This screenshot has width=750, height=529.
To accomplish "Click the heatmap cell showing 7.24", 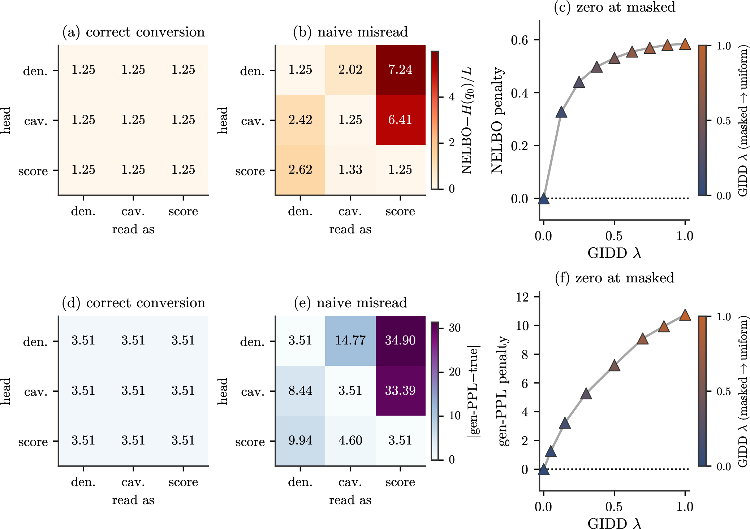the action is [x=400, y=70].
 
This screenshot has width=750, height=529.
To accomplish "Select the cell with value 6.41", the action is [x=400, y=120].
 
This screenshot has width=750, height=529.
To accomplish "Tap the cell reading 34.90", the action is [x=400, y=341].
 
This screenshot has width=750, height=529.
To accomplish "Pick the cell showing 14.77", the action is [x=350, y=341].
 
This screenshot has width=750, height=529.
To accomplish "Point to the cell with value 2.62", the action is [x=300, y=170].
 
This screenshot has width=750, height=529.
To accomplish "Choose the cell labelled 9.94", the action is [x=300, y=441].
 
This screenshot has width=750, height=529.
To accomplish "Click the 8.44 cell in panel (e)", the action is [x=300, y=391].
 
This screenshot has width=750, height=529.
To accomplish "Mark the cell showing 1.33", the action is [x=350, y=170].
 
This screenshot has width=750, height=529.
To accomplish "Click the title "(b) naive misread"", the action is [x=350, y=32].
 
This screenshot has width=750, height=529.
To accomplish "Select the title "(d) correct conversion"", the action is [x=134, y=303].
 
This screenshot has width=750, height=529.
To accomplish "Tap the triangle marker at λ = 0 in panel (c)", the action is [x=543, y=198].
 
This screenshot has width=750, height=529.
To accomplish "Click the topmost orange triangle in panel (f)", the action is [x=685, y=315].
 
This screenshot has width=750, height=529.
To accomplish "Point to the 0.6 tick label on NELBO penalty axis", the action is [x=520, y=40].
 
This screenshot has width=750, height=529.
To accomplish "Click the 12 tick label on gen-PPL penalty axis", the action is [x=522, y=297].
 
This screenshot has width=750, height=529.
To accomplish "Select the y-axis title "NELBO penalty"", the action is [x=497, y=120].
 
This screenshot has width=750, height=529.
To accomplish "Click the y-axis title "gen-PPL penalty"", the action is [x=503, y=391].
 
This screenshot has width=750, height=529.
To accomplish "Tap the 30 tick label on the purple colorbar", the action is [x=454, y=328].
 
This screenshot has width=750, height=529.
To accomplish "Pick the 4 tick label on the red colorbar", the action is [x=452, y=97].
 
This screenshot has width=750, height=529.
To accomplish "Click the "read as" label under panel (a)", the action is [x=133, y=229].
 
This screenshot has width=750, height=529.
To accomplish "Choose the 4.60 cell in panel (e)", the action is [x=350, y=441].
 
